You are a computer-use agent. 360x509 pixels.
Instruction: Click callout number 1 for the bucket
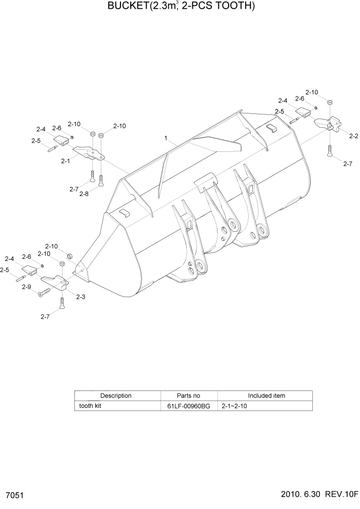[x=166, y=138]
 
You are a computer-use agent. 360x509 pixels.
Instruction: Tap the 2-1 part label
[x=65, y=161]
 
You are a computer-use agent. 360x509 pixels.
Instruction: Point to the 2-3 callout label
[x=81, y=297]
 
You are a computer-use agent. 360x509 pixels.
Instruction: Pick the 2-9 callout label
[x=27, y=287]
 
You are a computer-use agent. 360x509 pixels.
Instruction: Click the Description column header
[x=116, y=396]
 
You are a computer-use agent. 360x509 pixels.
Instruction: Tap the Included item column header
[x=267, y=396]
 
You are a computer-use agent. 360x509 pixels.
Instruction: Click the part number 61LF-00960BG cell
[x=189, y=406]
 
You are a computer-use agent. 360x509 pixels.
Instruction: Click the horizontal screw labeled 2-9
[x=43, y=292]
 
